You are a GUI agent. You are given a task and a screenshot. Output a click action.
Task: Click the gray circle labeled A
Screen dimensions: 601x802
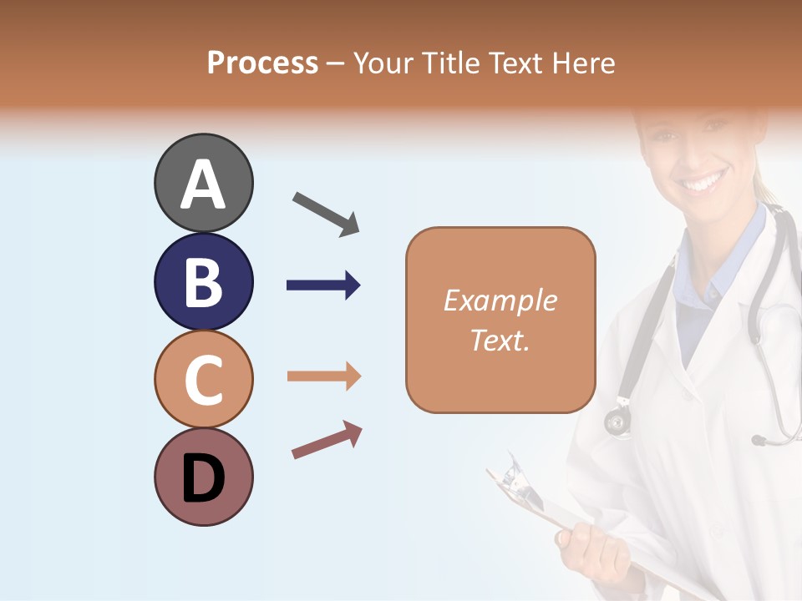click(x=203, y=183)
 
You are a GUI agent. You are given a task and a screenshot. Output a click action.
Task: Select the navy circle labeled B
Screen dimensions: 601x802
click(x=203, y=281)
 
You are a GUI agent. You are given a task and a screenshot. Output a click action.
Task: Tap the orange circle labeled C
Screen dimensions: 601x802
click(x=203, y=379)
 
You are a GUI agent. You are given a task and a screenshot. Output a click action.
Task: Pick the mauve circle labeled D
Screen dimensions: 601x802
click(x=203, y=477)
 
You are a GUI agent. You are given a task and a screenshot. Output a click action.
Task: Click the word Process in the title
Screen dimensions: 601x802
click(x=262, y=63)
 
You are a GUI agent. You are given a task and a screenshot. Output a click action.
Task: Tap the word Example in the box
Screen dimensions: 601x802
click(x=500, y=300)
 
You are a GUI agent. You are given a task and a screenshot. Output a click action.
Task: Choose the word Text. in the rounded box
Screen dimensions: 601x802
click(x=500, y=340)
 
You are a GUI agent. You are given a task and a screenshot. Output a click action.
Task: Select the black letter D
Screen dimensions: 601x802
click(x=203, y=480)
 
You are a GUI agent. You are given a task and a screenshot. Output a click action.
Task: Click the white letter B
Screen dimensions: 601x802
click(x=203, y=282)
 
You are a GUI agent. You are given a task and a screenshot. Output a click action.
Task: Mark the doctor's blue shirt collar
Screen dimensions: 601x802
click(x=735, y=242)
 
